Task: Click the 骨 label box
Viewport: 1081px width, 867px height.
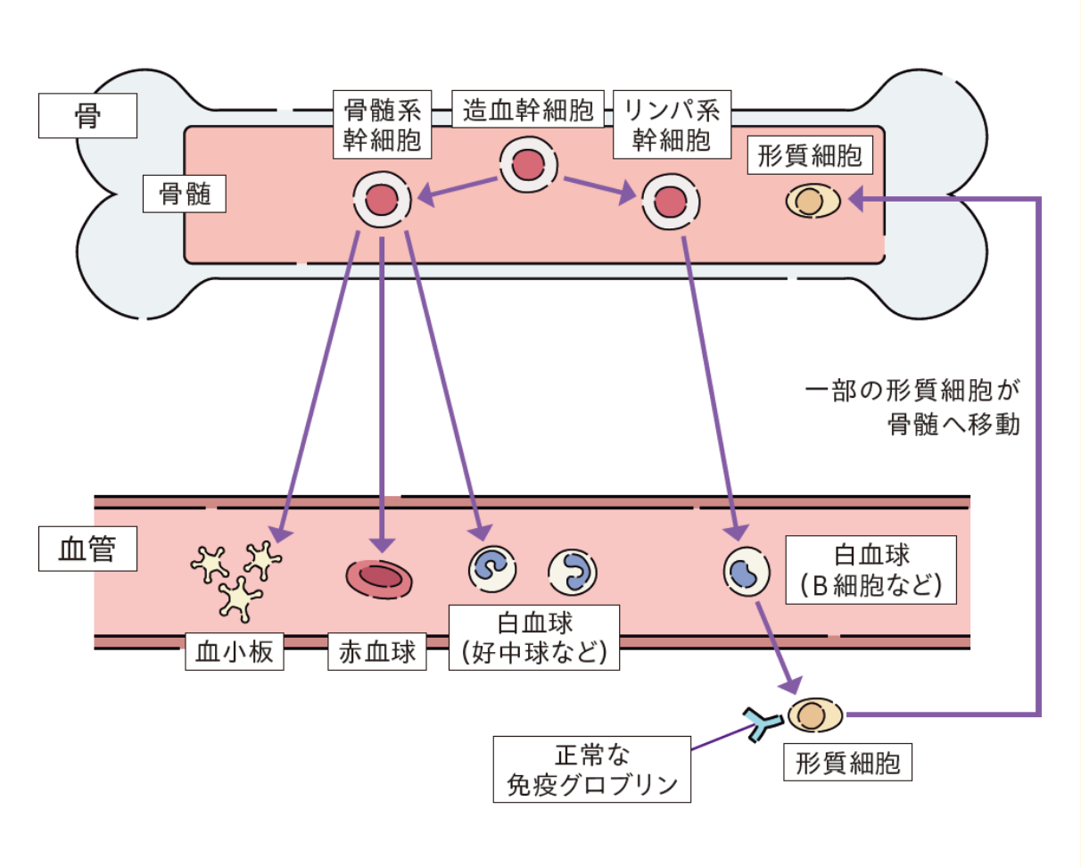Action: (x=87, y=117)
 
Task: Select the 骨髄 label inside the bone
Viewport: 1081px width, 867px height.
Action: (x=185, y=194)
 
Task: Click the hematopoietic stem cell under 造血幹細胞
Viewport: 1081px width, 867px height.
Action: (x=528, y=165)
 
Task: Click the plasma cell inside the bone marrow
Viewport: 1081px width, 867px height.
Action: (x=813, y=201)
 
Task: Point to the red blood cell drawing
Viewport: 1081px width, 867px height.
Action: (x=379, y=577)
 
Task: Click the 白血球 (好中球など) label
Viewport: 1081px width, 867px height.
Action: (x=533, y=637)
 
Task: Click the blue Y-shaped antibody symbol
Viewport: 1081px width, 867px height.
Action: (x=763, y=722)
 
